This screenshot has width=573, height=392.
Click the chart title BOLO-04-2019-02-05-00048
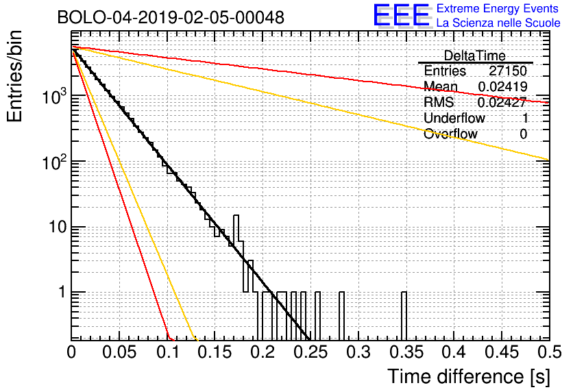point(171,17)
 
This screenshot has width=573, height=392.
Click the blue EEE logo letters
point(402,15)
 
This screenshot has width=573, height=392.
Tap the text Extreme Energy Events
point(498,8)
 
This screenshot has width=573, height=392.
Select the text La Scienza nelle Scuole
point(498,23)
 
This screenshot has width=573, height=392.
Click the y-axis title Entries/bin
point(14,76)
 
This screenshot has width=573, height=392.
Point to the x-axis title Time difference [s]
point(469,377)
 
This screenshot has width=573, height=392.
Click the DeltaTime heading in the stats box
point(474,56)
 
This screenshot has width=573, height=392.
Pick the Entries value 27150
point(508,71)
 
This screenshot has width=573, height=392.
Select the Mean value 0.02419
point(503,86)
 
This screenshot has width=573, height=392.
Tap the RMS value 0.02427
point(502,102)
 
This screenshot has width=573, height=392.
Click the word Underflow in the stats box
point(454,118)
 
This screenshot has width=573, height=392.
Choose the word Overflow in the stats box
point(450,134)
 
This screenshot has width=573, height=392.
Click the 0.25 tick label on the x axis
point(310,352)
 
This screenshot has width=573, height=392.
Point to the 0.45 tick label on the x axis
point(502,352)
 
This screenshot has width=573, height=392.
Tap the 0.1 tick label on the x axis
point(169,352)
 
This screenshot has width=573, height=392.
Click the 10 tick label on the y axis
point(58,227)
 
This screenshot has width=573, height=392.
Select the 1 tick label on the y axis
point(62,292)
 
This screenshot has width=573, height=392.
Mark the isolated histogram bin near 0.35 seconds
point(404,316)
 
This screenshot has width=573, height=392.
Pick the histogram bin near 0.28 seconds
point(342,316)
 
